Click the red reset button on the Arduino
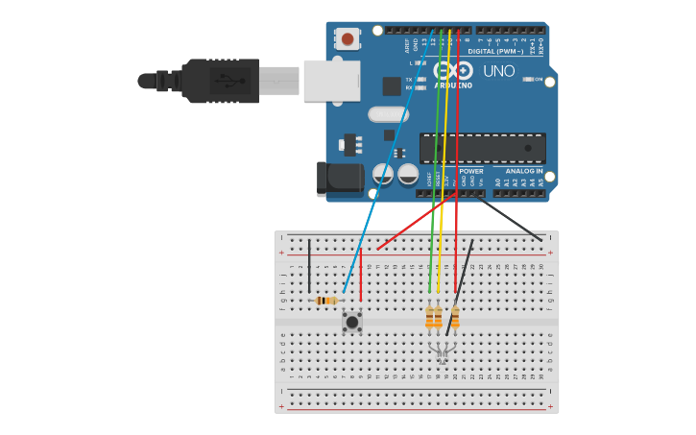tap(347, 38)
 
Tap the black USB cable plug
tap(220, 81)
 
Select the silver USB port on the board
tap(331, 81)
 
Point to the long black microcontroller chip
tap(482, 148)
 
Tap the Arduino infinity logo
tap(453, 70)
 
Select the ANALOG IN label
tap(525, 171)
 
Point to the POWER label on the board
tap(470, 171)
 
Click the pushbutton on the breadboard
tap(352, 322)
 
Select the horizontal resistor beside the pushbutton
tap(326, 301)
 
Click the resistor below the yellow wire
tap(438, 316)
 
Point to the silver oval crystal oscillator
tap(387, 115)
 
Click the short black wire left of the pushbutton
tap(309, 266)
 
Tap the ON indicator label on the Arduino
tap(539, 79)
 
